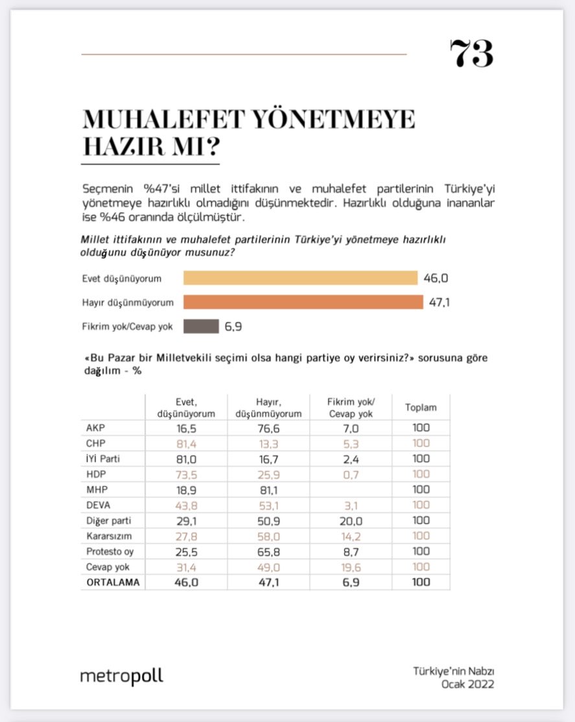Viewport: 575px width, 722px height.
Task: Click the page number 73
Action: (471, 54)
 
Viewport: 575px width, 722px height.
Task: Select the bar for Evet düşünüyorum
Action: (300, 278)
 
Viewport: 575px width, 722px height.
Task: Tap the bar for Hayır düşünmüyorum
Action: (303, 302)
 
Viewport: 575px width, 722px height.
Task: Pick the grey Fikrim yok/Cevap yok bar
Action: (201, 326)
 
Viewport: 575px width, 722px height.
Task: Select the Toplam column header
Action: (421, 408)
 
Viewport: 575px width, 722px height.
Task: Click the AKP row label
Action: (95, 428)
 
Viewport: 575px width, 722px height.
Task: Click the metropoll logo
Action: (122, 676)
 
